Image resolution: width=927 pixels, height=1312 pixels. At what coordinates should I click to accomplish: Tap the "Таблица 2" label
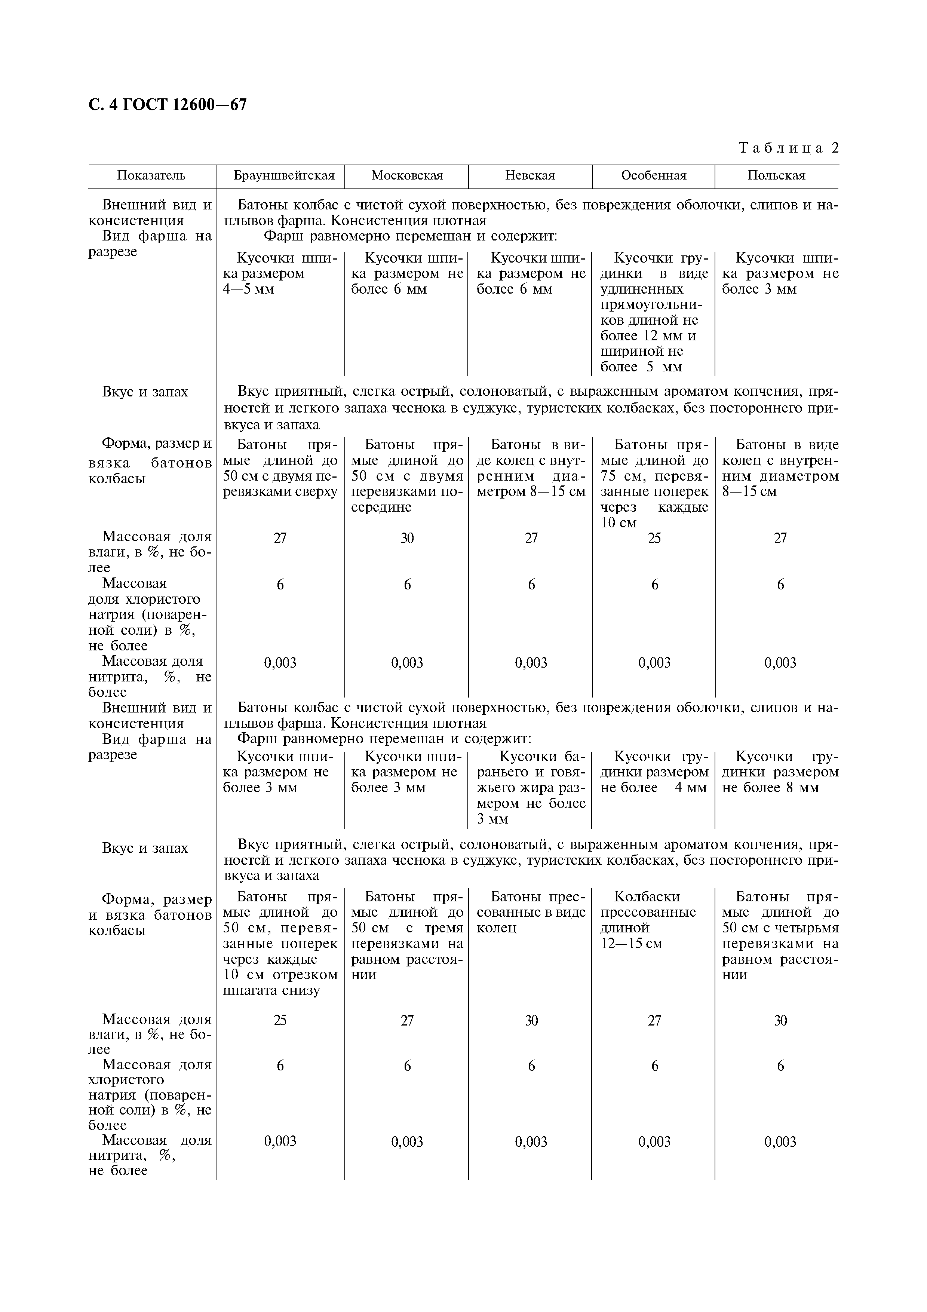pyautogui.click(x=789, y=148)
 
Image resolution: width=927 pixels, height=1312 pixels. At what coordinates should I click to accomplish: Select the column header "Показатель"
pyautogui.click(x=151, y=175)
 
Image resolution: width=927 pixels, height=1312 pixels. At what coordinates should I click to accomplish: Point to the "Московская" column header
pyautogui.click(x=407, y=175)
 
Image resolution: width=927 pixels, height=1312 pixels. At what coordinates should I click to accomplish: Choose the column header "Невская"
pyautogui.click(x=530, y=175)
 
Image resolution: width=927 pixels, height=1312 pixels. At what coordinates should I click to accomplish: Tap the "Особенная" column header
pyautogui.click(x=653, y=175)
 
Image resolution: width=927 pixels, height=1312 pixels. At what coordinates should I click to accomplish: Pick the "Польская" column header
pyautogui.click(x=776, y=175)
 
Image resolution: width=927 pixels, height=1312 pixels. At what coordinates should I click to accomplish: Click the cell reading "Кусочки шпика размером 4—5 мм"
pyautogui.click(x=280, y=274)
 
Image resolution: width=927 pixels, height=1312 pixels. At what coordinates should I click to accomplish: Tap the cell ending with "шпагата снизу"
pyautogui.click(x=280, y=944)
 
